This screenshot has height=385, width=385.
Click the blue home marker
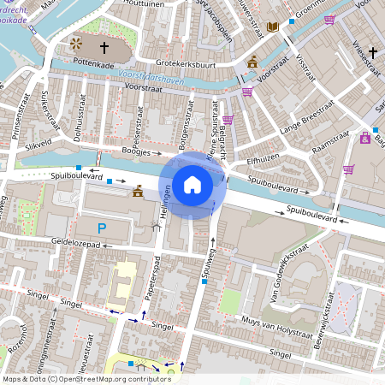point(192,183)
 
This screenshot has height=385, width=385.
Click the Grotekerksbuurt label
point(188,63)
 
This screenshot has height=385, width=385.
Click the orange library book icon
point(274,27)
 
